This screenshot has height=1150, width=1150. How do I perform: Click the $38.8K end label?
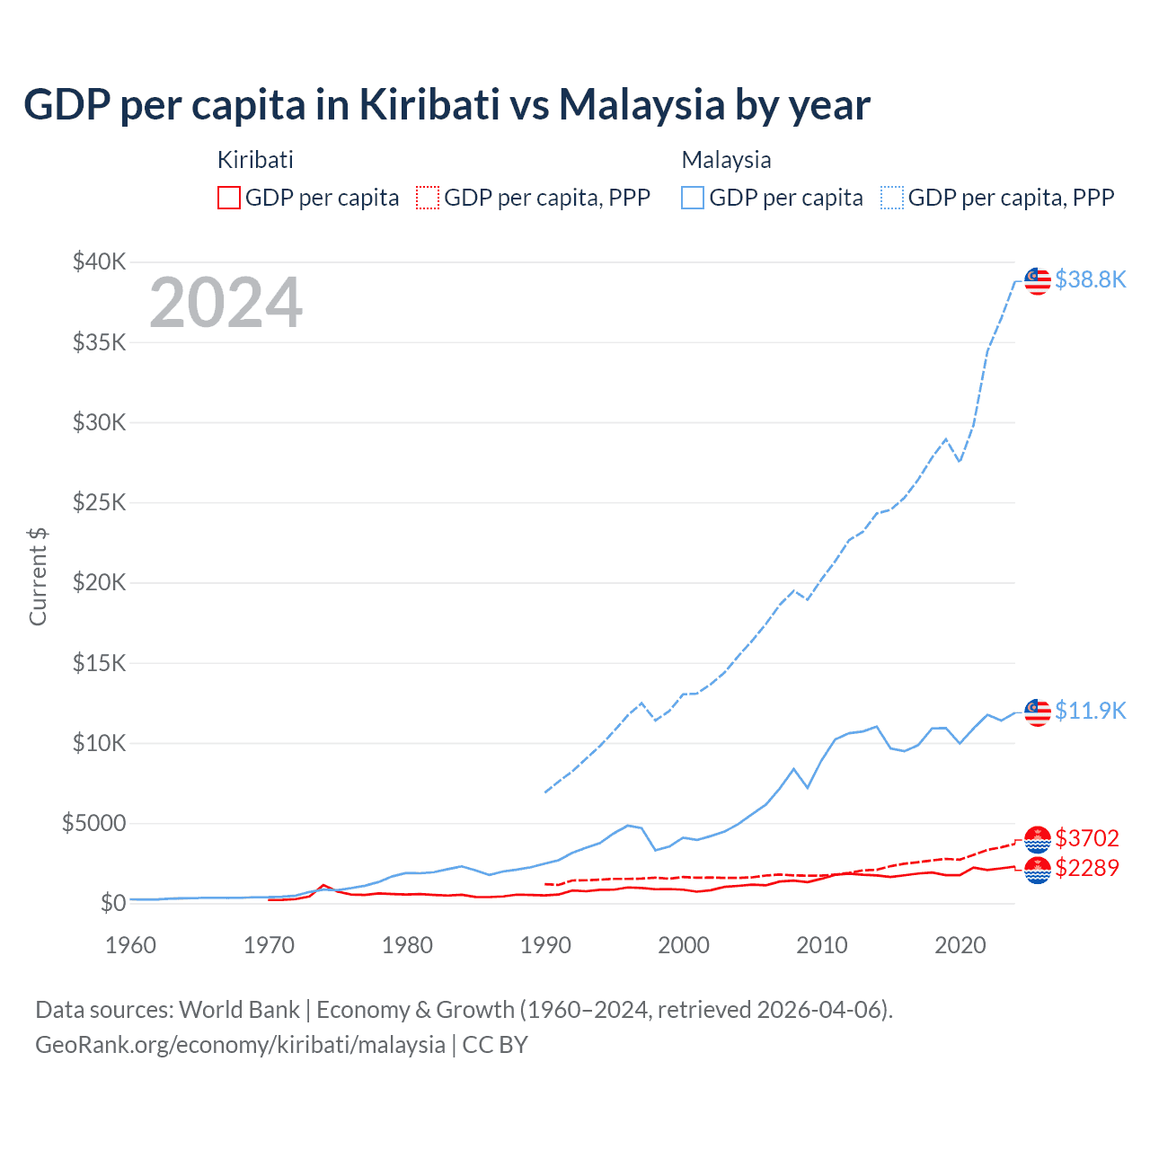click(x=1090, y=279)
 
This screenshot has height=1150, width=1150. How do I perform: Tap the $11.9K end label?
click(x=1090, y=711)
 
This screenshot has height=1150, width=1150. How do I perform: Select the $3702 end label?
click(x=1087, y=838)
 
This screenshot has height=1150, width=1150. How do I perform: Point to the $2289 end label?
click(x=1087, y=868)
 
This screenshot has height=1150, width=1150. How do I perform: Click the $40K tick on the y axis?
click(x=100, y=262)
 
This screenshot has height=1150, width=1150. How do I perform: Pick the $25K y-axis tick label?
click(x=100, y=502)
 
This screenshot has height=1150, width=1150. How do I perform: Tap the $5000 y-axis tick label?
click(x=93, y=823)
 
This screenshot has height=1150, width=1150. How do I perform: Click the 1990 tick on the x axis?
click(x=545, y=945)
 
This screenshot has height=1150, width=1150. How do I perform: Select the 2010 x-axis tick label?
click(x=822, y=945)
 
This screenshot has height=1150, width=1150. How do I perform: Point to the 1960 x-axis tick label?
click(x=131, y=945)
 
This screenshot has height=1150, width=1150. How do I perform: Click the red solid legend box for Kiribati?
click(x=229, y=198)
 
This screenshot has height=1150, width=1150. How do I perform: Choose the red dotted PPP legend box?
click(x=428, y=198)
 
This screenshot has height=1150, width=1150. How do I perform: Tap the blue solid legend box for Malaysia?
click(x=693, y=198)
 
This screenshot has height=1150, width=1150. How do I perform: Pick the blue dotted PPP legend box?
click(x=892, y=198)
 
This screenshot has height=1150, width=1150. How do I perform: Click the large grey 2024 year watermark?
click(x=226, y=303)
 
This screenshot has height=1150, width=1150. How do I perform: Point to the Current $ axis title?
click(x=38, y=577)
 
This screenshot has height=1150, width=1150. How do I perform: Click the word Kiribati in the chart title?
click(x=429, y=104)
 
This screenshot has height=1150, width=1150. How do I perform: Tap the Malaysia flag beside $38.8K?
click(x=1038, y=280)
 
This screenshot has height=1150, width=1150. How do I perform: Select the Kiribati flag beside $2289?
click(x=1038, y=870)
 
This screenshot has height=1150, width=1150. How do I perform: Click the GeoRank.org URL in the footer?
click(x=240, y=1045)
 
